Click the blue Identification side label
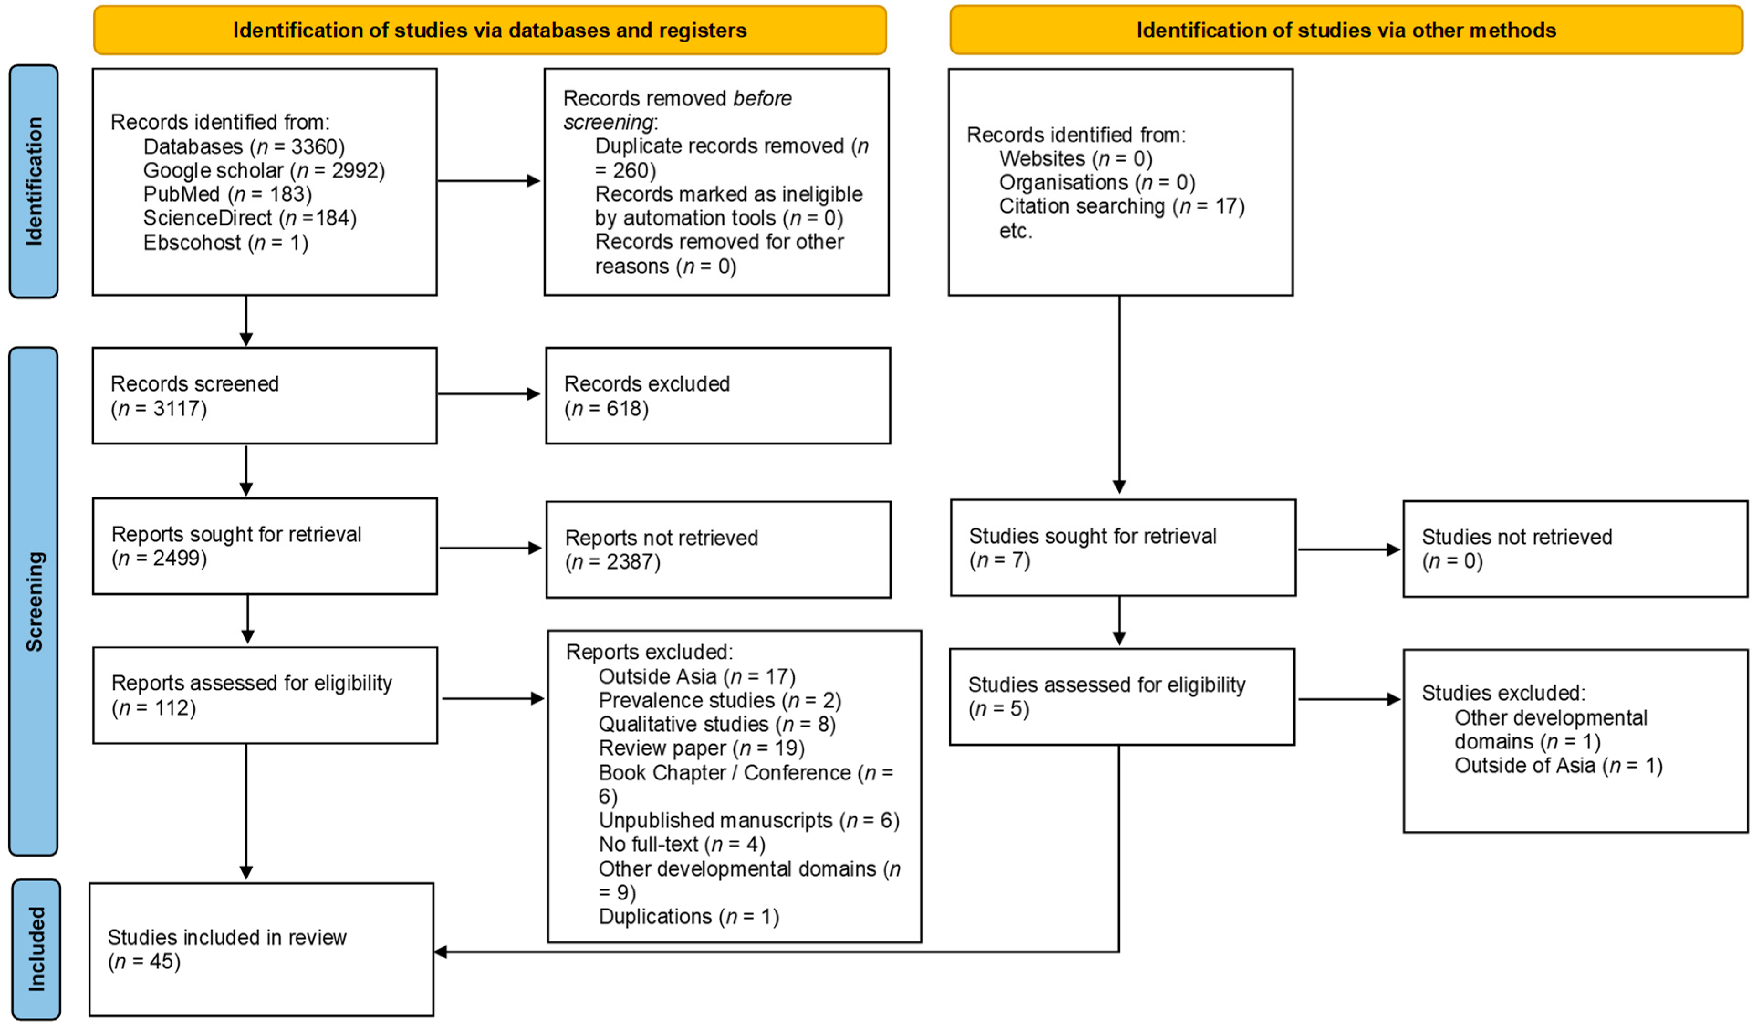(x=33, y=181)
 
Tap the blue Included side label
(x=36, y=950)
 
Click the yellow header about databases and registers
(x=490, y=30)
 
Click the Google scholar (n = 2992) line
(x=264, y=171)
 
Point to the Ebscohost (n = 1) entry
(x=225, y=243)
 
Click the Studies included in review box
(x=261, y=950)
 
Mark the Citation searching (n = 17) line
(x=1121, y=206)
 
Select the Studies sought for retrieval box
(x=1122, y=548)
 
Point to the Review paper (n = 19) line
(x=701, y=748)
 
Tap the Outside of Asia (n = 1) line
(x=1558, y=766)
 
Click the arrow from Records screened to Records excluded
(x=488, y=394)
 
